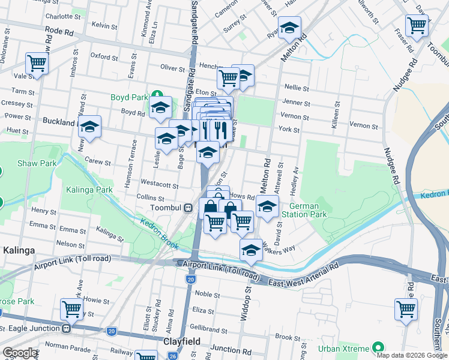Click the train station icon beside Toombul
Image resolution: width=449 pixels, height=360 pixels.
tap(188, 208)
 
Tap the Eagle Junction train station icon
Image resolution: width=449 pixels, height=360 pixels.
tap(67, 328)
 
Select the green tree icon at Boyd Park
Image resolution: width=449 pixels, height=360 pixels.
tap(157, 94)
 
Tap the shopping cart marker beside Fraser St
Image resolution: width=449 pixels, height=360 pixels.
tap(416, 26)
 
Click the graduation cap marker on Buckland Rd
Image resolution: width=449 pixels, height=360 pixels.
tap(89, 127)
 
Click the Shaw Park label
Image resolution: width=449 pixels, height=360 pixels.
tap(29, 163)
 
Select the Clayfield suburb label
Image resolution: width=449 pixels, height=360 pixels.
tap(181, 341)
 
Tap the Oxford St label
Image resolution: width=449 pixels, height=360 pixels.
tap(103, 58)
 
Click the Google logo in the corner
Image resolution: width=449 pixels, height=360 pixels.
tap(19, 353)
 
